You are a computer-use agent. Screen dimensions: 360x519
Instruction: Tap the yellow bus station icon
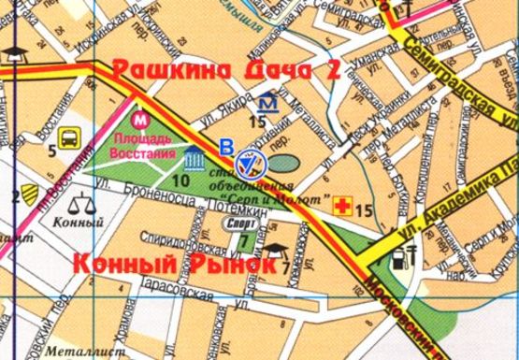69,143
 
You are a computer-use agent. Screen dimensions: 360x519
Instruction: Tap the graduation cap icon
277,250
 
